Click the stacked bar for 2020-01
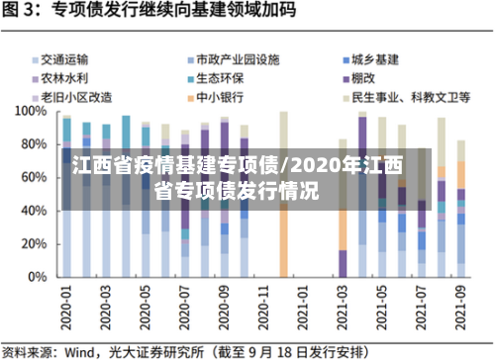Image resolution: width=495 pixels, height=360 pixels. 67,198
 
